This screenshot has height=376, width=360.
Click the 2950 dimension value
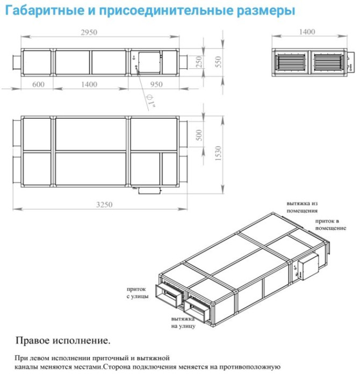coord(89,32)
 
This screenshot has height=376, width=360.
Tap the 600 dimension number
coord(38,84)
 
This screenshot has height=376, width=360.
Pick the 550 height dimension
coord(218,61)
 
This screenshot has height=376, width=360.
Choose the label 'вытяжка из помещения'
coord(303,207)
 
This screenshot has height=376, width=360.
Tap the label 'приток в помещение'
coord(330,225)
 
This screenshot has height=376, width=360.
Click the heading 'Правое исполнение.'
coord(63,341)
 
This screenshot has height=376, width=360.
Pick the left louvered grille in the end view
coord(291,61)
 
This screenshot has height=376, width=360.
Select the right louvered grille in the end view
coord(328,61)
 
